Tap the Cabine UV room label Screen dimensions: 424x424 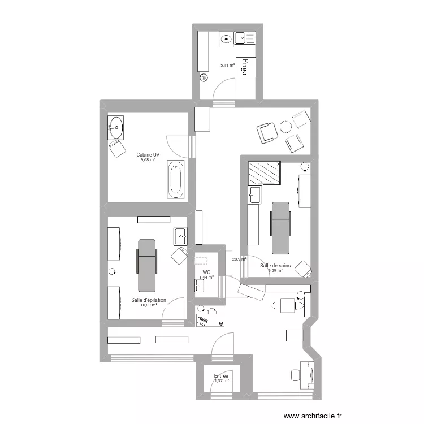pyautogui.click(x=148, y=154)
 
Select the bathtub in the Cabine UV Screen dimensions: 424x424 pyautogui.click(x=175, y=180)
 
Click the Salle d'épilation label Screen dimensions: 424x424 pyautogui.click(x=149, y=300)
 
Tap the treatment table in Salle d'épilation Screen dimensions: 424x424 pyautogui.click(x=146, y=263)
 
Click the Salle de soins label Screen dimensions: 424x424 pyautogui.click(x=275, y=265)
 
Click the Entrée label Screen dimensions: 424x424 pyautogui.click(x=221, y=375)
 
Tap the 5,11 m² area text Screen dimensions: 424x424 pyautogui.click(x=227, y=66)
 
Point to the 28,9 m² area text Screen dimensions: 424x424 pyautogui.click(x=239, y=259)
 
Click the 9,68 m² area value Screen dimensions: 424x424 pyautogui.click(x=148, y=160)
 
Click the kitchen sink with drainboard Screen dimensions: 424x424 pyautogui.click(x=245, y=38)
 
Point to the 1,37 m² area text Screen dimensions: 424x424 pyautogui.click(x=221, y=381)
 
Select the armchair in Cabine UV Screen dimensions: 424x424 pyautogui.click(x=118, y=150)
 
